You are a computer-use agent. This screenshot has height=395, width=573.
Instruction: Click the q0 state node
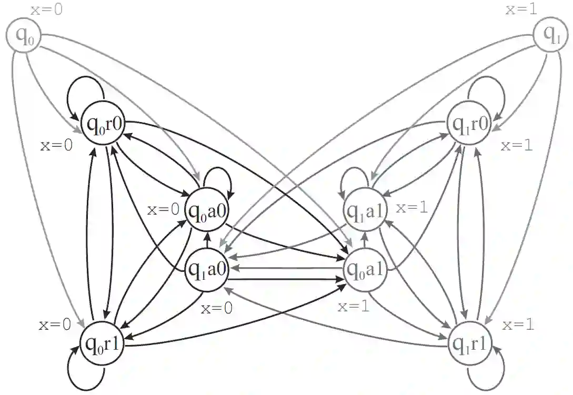click(23, 36)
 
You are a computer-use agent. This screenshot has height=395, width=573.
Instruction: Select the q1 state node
click(550, 36)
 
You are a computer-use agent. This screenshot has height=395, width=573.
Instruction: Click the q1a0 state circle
click(207, 270)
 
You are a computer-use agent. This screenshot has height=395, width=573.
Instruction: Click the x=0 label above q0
click(46, 9)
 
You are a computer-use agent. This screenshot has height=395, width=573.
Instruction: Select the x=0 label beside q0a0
click(163, 210)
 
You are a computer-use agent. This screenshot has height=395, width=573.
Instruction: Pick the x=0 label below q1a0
click(216, 308)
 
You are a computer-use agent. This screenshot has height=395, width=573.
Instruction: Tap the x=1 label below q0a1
click(353, 307)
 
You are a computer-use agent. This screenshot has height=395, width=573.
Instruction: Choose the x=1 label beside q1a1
click(412, 208)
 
